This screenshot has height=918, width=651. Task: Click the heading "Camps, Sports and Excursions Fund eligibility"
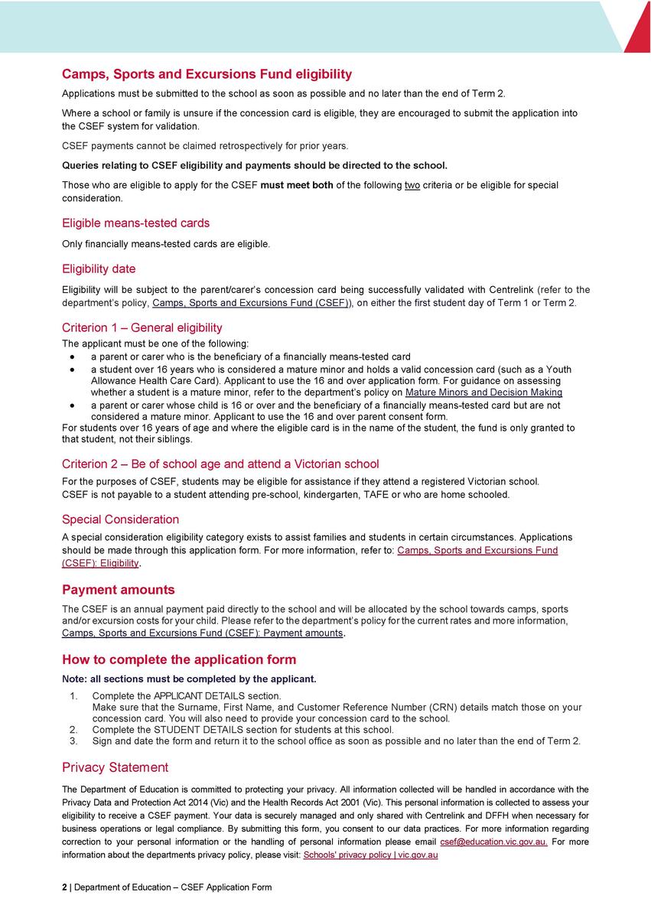click(207, 74)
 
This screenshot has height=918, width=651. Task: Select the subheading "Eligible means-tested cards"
click(135, 223)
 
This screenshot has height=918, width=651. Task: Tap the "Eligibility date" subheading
click(99, 269)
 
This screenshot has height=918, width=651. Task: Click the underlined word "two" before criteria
click(412, 185)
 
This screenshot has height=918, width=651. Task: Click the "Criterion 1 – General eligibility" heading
click(142, 328)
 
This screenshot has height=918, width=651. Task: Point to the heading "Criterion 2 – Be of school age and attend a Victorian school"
click(220, 464)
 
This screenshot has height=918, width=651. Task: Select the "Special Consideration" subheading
click(120, 519)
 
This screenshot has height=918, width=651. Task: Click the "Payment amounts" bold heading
click(118, 590)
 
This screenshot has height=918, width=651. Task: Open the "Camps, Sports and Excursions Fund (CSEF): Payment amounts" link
click(202, 633)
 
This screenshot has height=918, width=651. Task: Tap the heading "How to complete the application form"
click(178, 659)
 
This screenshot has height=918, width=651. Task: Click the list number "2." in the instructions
click(73, 730)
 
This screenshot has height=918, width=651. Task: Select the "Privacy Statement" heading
click(115, 767)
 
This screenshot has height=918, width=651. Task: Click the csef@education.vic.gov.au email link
click(493, 841)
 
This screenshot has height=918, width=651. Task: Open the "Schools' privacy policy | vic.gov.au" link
click(370, 855)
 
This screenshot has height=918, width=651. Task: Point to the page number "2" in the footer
click(64, 887)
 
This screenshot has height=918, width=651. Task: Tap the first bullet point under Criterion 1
click(72, 357)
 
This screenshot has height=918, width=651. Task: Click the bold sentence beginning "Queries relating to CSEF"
click(254, 165)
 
